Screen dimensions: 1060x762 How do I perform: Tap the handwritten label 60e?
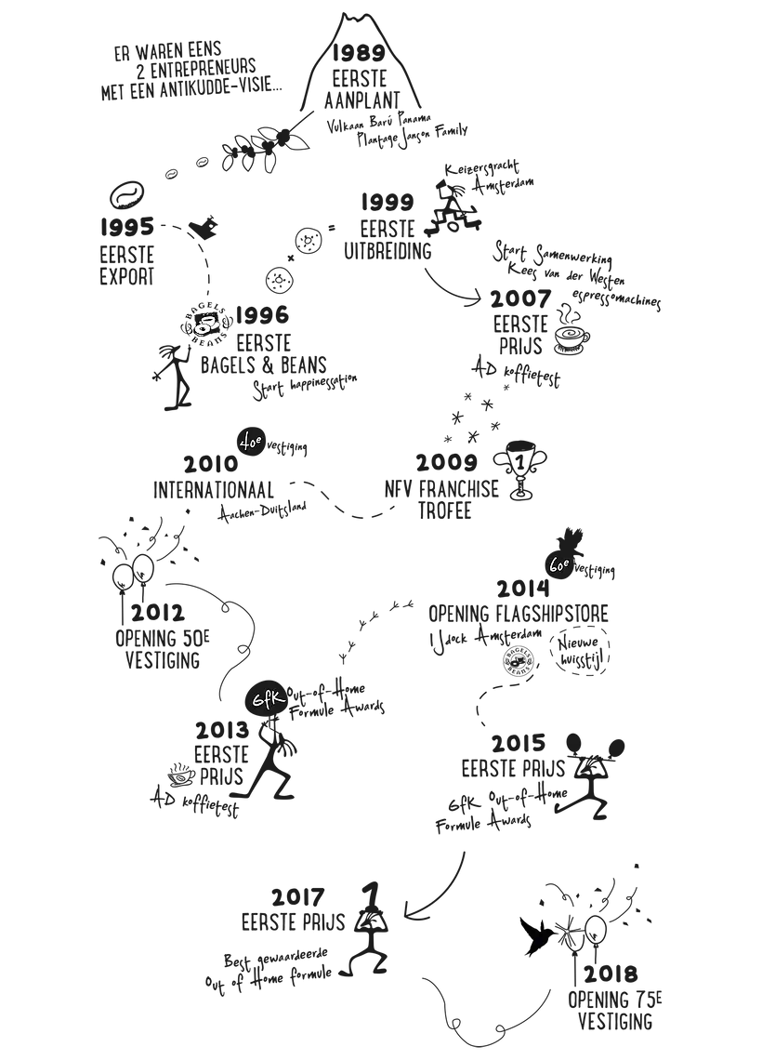tap(559, 563)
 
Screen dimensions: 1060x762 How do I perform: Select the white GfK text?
tap(269, 699)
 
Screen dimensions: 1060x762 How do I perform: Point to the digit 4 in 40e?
tap(243, 444)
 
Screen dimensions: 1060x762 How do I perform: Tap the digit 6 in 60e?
tap(553, 564)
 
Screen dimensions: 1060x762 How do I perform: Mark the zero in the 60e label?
tap(560, 564)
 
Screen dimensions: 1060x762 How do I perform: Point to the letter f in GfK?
tap(269, 699)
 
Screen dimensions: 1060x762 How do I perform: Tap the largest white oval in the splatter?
tap(204, 326)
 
